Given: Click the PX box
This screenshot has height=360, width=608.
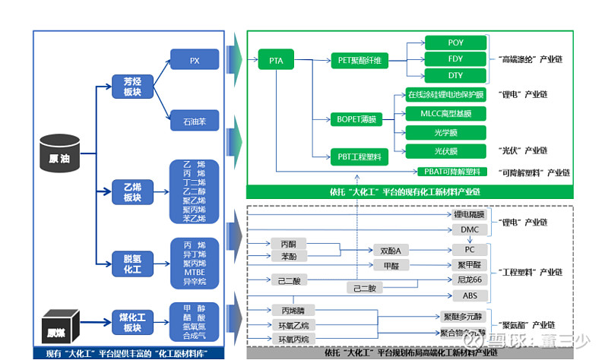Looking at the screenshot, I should coord(195,59).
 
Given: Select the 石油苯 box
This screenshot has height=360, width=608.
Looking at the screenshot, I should coord(195,120).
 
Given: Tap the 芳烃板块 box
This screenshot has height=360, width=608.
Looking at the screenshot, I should coord(127,87).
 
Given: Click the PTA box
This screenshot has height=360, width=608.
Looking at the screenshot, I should coord(275,59).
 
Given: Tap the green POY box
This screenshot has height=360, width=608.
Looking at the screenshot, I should coord(455,43).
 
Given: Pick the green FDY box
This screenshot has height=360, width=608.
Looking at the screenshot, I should coord(455,59).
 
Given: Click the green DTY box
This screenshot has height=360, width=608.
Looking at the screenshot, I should coord(455,75).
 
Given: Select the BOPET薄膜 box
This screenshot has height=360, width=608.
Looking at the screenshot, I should coord(356,119).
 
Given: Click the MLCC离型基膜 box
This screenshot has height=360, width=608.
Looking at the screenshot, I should coord(445,114).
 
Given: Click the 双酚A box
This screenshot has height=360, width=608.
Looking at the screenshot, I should coord(390,250).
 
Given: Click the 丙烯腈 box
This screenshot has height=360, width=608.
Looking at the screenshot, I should coord(293,310).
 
